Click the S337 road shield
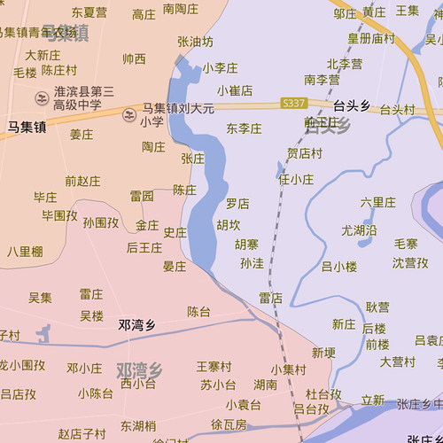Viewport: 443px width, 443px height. click(293, 104)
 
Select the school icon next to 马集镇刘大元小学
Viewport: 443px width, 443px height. click(129, 114)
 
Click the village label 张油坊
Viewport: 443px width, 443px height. click(195, 42)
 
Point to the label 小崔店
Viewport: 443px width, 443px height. click(235, 90)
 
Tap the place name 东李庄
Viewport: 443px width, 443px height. click(244, 128)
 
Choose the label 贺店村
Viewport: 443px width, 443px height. click(304, 152)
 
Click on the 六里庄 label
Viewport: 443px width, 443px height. click(378, 202)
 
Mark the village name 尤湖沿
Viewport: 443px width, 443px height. click(359, 230)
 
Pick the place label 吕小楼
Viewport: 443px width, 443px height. click(338, 266)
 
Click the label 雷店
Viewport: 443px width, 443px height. click(270, 298)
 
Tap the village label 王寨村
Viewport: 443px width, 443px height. click(214, 366)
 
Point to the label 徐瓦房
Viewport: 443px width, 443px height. click(229, 424)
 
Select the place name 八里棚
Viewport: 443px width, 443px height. click(25, 251)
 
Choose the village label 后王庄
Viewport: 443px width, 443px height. click(144, 247)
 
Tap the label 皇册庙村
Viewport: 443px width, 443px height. click(370, 38)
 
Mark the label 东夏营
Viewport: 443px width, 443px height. click(89, 12)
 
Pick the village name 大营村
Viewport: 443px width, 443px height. click(398, 361)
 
